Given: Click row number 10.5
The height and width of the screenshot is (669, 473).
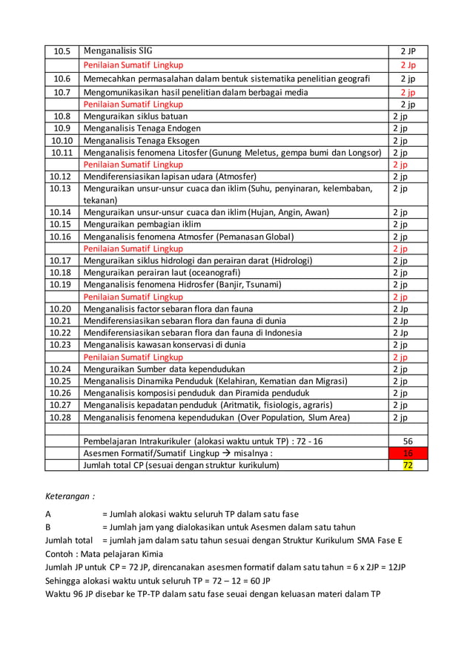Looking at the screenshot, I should (62, 52).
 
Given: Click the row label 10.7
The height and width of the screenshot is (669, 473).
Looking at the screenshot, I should (62, 93).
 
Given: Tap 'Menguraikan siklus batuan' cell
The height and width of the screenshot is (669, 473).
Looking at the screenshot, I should (136, 116).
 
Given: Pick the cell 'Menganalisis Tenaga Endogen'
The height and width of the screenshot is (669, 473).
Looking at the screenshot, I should (142, 128).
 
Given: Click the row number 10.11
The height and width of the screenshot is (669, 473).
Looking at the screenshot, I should (62, 152).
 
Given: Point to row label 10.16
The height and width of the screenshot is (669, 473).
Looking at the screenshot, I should (62, 236).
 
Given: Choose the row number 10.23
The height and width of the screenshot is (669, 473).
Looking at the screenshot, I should (62, 344).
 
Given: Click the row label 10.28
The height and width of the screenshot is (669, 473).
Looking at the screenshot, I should (62, 417).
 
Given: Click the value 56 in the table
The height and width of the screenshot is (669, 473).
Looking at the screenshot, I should (408, 441).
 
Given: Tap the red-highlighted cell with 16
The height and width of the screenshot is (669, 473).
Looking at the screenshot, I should (408, 453).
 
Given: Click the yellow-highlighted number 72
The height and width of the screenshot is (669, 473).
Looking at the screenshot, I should (408, 465).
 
